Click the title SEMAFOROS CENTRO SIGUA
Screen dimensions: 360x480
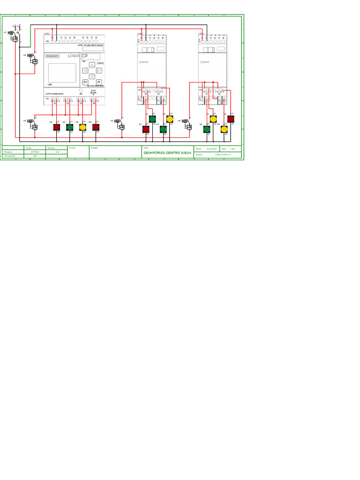coord(167,153)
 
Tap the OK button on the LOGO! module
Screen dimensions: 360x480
coord(99,82)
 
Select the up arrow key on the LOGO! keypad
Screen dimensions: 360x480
coord(92,65)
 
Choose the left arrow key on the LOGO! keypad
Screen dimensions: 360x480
coord(85,71)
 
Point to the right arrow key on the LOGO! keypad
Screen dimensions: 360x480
coord(99,71)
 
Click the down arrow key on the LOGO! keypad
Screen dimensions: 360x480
coord(92,76)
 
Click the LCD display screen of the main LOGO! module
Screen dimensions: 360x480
coord(62,73)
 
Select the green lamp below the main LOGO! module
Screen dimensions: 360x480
coord(70,127)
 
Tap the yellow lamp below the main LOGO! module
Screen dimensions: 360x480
coord(83,127)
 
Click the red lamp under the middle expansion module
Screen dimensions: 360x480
coord(146,129)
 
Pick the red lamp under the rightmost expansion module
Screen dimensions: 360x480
coord(231,119)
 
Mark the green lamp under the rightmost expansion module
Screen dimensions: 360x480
coord(207,129)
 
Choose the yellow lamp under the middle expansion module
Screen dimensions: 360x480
coord(170,119)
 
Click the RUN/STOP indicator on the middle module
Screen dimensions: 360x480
coord(144,62)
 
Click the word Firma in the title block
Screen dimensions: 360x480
coord(72,148)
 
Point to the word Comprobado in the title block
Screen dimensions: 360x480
coord(9,156)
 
